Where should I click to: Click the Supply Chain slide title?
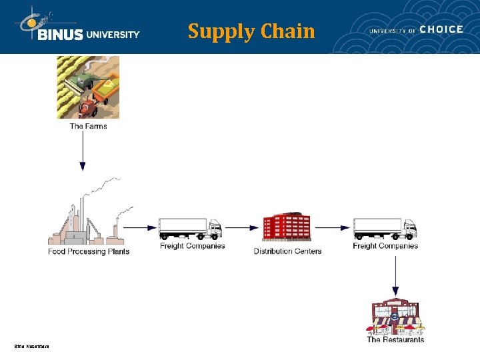pos(251,31)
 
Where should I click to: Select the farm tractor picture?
pos(88,87)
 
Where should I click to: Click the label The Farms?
pos(88,126)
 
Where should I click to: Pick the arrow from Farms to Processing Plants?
pos(83,151)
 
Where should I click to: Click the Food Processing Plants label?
pos(89,251)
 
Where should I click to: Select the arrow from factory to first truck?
pos(141,227)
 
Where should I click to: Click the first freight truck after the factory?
pos(190,228)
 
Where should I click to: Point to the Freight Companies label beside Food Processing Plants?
pos(193,246)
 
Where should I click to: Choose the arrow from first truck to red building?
pos(243,227)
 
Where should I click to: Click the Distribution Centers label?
pos(287,251)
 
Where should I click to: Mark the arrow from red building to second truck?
pos(332,227)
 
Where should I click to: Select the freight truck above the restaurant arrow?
pos(385,228)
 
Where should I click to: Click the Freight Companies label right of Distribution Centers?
pos(385,246)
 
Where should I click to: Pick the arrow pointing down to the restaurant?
pos(395,273)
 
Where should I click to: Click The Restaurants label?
pos(395,339)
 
